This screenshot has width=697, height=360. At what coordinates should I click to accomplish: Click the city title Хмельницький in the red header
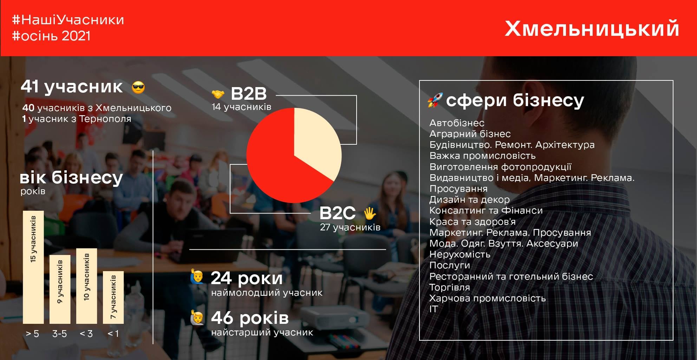point(592,29)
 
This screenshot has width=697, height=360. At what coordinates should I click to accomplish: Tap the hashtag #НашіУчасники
point(68,20)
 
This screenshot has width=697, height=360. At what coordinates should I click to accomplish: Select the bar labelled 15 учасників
point(33,267)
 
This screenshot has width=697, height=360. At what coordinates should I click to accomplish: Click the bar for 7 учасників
point(113,297)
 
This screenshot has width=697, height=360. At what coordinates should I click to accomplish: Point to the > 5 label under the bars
point(32,334)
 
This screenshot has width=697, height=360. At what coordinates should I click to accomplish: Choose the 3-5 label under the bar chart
point(59,334)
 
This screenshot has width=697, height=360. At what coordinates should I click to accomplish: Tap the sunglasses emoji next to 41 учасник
point(138,87)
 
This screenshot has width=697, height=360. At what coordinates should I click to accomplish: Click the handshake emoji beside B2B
point(218,94)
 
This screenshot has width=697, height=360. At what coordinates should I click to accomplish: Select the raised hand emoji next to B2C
point(370,213)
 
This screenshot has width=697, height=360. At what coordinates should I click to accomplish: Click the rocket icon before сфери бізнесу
point(435,100)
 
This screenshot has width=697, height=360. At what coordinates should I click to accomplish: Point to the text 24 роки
point(247,278)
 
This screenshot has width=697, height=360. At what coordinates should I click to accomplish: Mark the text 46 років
point(250,318)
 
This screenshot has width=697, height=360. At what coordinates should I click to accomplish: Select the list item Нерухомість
point(460,254)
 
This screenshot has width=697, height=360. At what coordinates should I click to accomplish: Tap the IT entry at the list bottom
point(434,309)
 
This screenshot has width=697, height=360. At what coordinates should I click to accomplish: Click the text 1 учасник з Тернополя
point(77,119)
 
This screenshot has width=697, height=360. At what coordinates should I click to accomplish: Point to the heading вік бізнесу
point(71,177)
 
